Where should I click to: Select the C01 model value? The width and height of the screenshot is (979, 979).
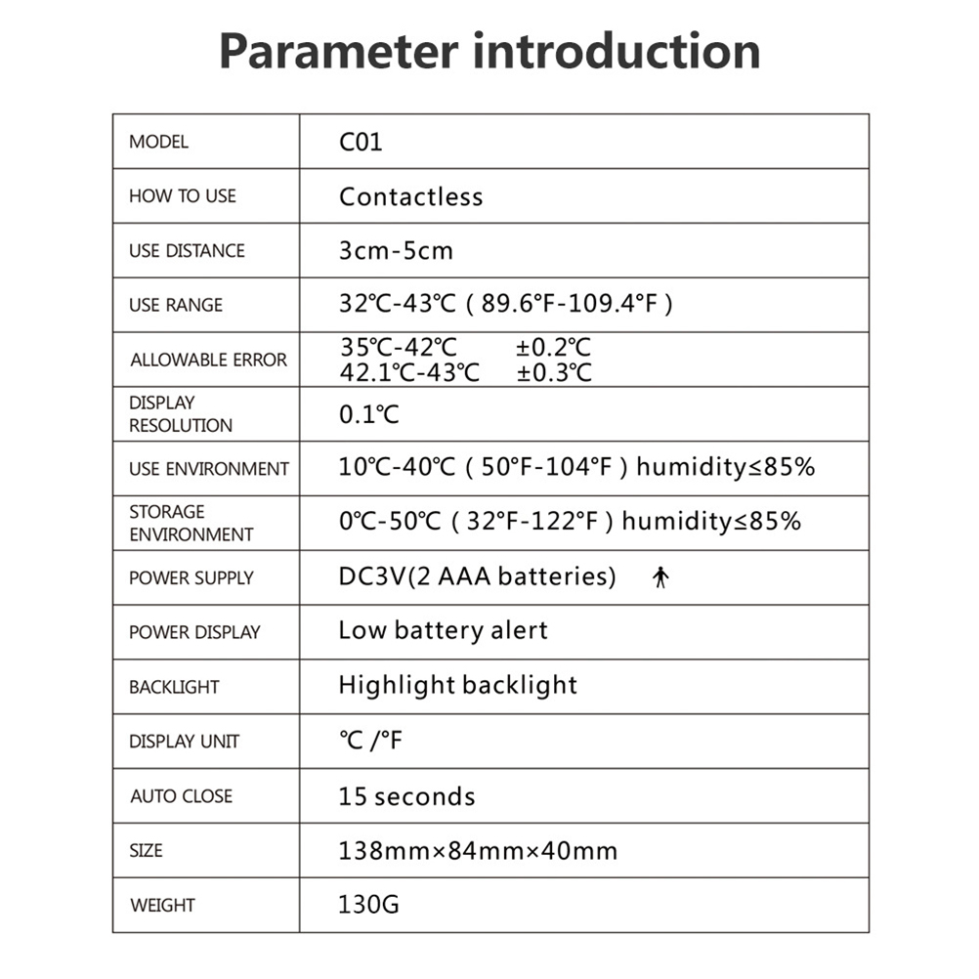tap(361, 142)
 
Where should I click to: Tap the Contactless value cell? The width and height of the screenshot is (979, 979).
tap(410, 196)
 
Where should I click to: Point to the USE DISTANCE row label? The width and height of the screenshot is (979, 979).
tap(187, 251)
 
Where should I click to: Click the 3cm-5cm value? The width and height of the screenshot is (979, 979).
tap(396, 251)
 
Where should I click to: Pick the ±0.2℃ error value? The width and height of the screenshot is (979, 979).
tap(553, 348)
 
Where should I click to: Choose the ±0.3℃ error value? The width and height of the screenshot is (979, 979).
tap(553, 372)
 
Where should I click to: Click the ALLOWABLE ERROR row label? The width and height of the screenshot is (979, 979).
tap(208, 360)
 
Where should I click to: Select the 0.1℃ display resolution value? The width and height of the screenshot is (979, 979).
tap(369, 414)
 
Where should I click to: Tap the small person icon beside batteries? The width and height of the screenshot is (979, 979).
tap(660, 578)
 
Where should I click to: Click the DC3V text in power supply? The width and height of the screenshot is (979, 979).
tap(371, 576)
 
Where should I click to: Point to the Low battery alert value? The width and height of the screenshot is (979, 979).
tap(443, 631)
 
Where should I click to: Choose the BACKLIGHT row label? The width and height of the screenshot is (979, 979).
tap(174, 687)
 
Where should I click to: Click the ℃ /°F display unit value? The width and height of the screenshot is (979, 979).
tap(370, 741)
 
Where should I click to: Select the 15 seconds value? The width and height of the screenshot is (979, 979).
tap(406, 796)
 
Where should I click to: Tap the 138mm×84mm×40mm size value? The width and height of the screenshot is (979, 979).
tap(478, 851)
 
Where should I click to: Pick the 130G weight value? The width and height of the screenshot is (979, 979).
tap(368, 905)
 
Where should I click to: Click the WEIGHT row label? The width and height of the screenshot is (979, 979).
tap(162, 906)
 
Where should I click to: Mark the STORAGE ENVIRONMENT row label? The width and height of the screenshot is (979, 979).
tap(191, 523)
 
